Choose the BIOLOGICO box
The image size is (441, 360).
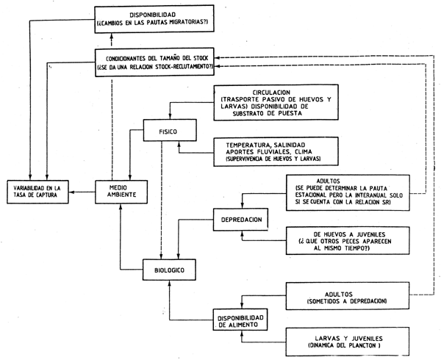(x=168, y=271)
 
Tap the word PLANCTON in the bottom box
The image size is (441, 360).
(x=359, y=345)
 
